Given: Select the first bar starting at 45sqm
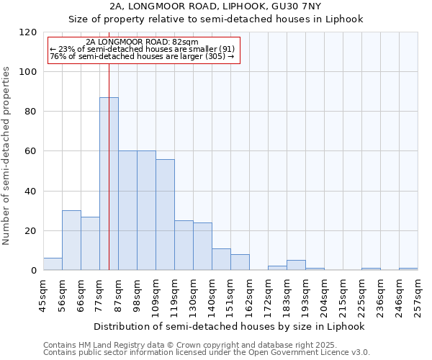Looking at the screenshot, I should [53, 264].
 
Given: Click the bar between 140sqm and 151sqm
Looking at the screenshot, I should [221, 259].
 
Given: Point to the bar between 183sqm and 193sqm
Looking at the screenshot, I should [296, 265].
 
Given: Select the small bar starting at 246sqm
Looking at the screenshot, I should [408, 269].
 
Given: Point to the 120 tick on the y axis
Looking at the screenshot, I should [28, 32].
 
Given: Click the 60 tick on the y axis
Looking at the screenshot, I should [31, 151].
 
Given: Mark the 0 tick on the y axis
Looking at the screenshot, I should [34, 271].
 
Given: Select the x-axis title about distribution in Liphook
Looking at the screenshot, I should [229, 326].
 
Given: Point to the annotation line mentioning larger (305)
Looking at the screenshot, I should [142, 56].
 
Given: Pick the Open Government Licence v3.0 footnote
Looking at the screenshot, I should [207, 353].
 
